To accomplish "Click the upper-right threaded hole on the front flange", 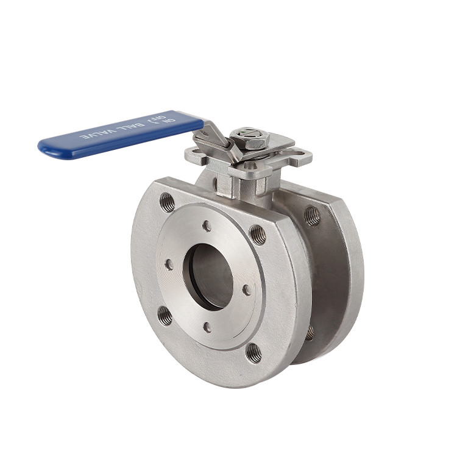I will tap(258, 235).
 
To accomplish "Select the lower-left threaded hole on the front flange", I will tap(165, 315).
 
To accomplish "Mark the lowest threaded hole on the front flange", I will tap(253, 353).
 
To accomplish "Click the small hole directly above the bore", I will tap(207, 226).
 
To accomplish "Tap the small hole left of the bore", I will tap(169, 265).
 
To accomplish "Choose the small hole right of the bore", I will tap(247, 290).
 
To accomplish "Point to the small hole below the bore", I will tap(207, 327).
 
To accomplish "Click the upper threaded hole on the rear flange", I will tap(312, 215).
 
